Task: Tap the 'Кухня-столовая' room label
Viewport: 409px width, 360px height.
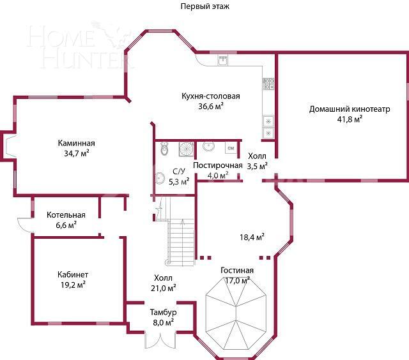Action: (210, 96)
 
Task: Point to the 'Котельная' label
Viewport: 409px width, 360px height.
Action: (66, 215)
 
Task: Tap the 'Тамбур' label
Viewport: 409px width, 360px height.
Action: (163, 313)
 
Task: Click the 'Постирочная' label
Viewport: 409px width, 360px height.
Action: (218, 166)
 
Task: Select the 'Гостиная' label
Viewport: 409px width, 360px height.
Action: (237, 271)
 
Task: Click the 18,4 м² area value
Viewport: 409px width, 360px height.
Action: (252, 237)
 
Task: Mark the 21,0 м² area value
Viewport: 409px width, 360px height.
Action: (164, 288)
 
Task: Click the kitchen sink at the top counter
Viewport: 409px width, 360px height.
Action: (223, 61)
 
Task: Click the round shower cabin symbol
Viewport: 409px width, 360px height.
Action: (186, 149)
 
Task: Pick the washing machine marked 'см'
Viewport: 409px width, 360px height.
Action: (231, 148)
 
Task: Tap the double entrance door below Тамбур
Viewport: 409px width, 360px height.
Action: (159, 340)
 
